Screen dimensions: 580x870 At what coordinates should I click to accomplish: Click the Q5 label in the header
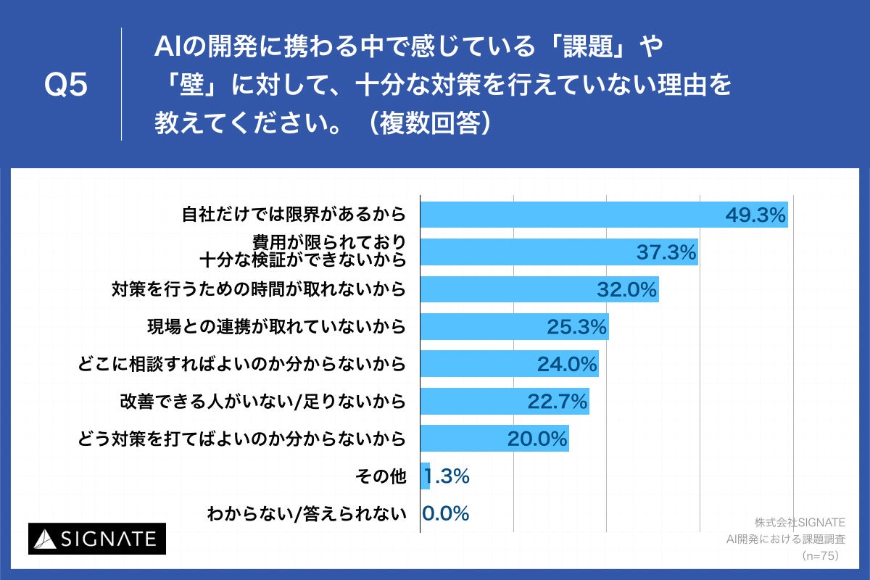[66, 86]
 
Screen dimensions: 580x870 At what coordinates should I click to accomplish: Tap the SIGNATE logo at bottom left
[97, 538]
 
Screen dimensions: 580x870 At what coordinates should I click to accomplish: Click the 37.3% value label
[666, 252]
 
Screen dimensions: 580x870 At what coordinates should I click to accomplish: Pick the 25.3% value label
[576, 327]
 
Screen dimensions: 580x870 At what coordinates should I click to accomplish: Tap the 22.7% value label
[556, 402]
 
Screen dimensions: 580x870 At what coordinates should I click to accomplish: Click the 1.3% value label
[446, 476]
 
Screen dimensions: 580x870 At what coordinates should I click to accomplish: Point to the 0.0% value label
[446, 513]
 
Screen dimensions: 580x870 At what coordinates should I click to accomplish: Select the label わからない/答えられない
[305, 514]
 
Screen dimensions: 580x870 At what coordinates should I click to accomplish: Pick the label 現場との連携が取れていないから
[275, 327]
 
